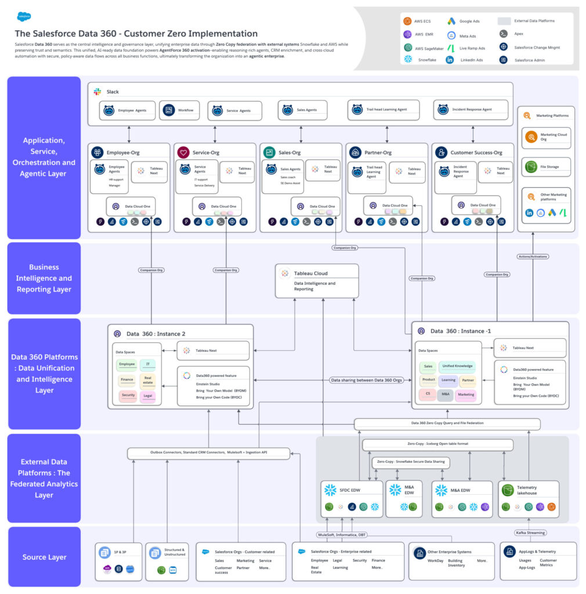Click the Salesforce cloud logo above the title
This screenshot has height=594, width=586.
click(24, 16)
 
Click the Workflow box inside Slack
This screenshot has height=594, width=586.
click(179, 110)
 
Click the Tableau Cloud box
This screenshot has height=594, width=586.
click(317, 281)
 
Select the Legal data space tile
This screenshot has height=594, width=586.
click(147, 396)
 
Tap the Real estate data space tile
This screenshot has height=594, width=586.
click(147, 381)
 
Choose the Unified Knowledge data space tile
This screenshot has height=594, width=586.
click(457, 366)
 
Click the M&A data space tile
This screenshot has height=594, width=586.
click(446, 394)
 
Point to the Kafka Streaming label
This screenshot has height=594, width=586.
click(529, 533)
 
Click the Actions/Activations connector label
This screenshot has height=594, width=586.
click(533, 256)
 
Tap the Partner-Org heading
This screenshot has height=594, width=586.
click(378, 153)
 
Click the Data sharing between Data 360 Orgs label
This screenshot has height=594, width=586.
click(366, 381)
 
